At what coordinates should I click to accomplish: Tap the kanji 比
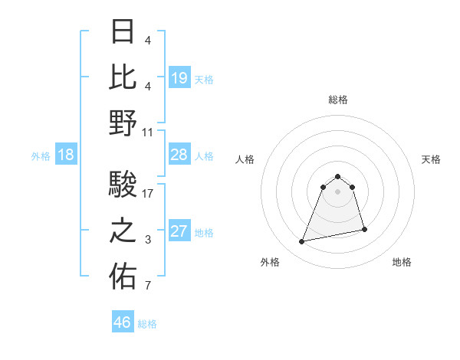(123, 77)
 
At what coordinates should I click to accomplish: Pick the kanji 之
(123, 230)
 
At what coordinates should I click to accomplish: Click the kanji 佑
(123, 274)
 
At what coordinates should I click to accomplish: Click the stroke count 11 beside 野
(147, 132)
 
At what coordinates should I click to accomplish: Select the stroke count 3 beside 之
(147, 241)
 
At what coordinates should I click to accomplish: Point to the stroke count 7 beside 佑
(147, 286)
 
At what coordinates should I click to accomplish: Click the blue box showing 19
(179, 77)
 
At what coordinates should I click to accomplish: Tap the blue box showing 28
(179, 155)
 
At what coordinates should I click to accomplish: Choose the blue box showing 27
(179, 232)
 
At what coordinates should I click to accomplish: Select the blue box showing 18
(66, 155)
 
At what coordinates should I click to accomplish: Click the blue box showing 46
(123, 322)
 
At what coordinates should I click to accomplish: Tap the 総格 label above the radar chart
(338, 100)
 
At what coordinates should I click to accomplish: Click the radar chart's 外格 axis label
(270, 262)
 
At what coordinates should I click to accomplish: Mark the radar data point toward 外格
(302, 242)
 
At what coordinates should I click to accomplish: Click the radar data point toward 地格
(364, 229)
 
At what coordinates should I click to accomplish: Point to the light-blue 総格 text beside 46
(147, 324)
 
